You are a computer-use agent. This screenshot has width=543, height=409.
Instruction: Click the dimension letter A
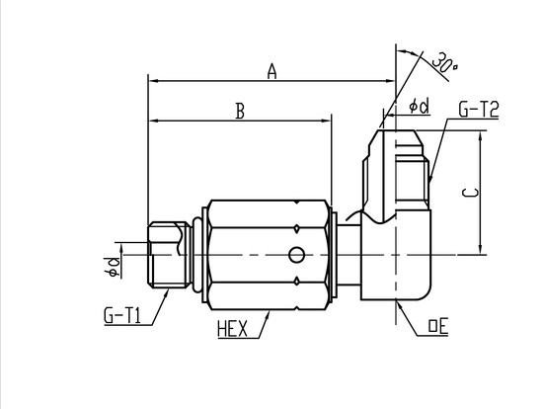[x=272, y=71]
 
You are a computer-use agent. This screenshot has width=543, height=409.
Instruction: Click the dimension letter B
[x=240, y=112]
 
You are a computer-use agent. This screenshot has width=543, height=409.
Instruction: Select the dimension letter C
[x=471, y=193]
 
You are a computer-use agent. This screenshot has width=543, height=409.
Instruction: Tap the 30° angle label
[x=444, y=63]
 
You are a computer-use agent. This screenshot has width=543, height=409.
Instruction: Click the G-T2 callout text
[x=479, y=109]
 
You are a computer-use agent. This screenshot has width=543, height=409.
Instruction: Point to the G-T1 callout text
[x=122, y=315]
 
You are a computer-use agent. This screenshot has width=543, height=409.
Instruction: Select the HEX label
[x=233, y=329]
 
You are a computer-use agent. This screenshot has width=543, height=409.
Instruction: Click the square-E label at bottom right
[x=438, y=326]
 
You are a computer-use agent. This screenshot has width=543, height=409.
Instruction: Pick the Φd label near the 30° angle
[x=420, y=106]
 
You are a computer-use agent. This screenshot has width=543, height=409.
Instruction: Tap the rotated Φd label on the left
[x=114, y=268]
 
